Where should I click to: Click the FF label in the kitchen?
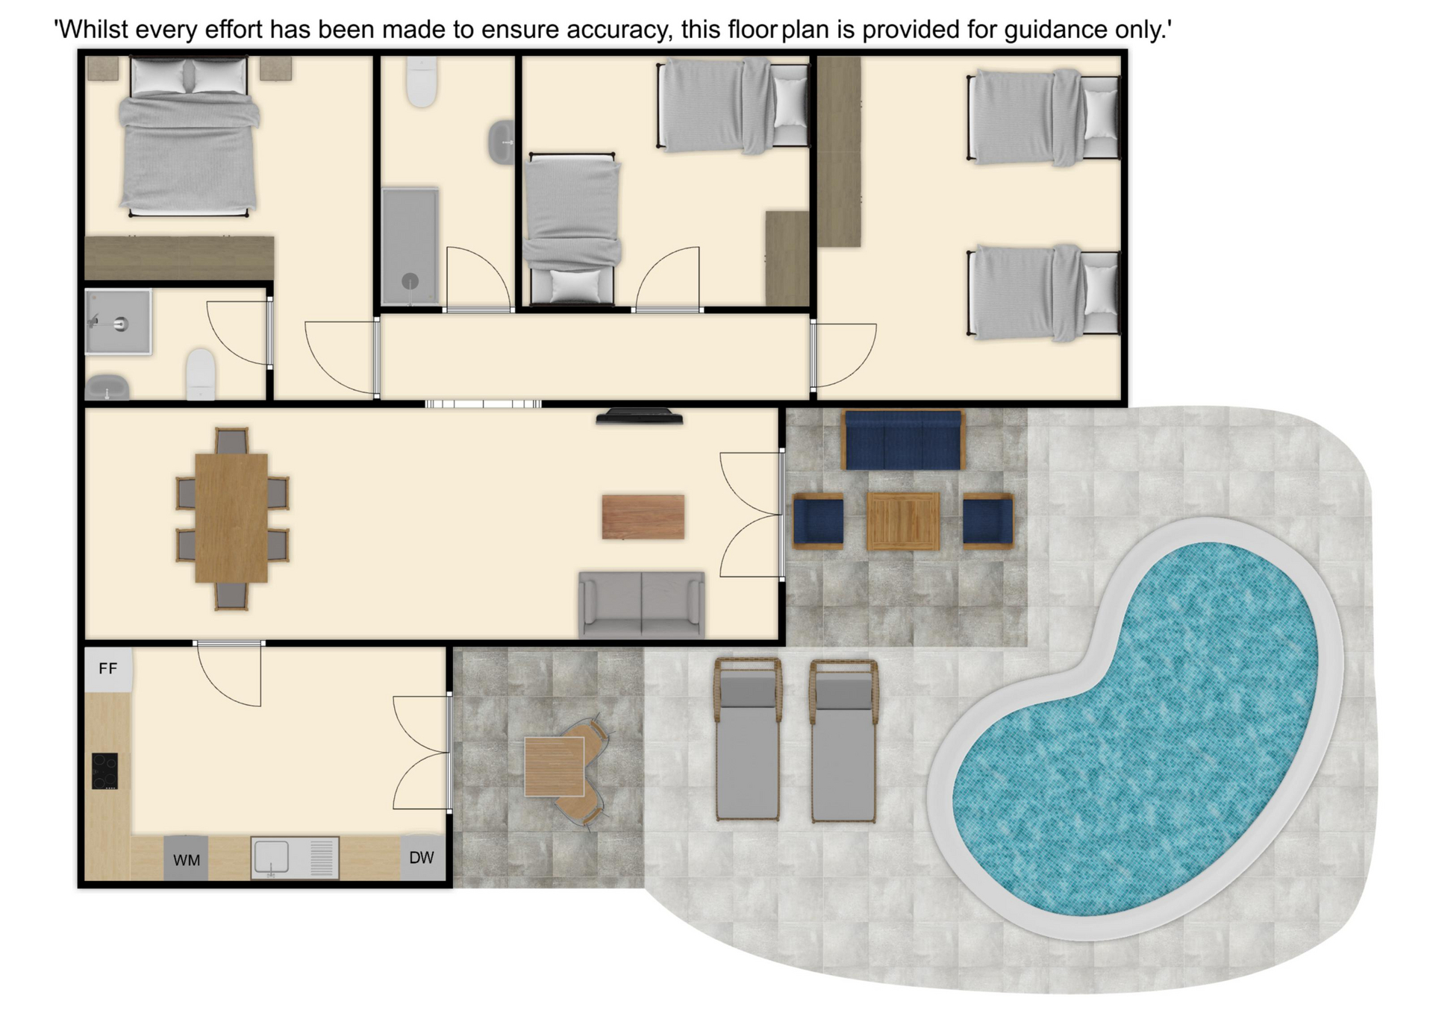[108, 668]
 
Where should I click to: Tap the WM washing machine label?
[187, 860]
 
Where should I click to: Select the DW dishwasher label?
[422, 858]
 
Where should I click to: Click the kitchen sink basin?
[272, 857]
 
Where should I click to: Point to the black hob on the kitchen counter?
[105, 771]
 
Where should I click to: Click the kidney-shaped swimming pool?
[1135, 728]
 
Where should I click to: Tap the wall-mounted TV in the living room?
[640, 416]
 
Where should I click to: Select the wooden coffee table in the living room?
[643, 516]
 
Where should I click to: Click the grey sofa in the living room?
[642, 604]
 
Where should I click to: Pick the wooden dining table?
[231, 518]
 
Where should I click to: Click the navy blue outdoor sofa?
[903, 440]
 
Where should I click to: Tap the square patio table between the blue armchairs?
[903, 521]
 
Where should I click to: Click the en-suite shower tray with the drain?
[118, 322]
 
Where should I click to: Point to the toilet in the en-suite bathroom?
[200, 374]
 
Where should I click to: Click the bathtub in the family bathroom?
[410, 246]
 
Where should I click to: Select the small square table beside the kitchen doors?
[554, 766]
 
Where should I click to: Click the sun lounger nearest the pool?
[844, 741]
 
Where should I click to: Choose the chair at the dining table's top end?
[231, 441]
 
